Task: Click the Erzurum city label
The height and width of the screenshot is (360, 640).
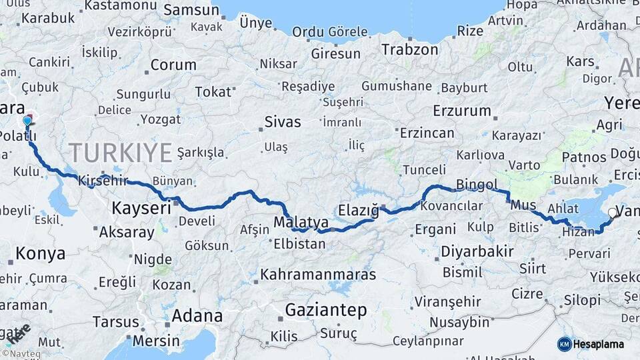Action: pyautogui.click(x=461, y=111)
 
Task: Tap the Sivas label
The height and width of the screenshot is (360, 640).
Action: pyautogui.click(x=283, y=122)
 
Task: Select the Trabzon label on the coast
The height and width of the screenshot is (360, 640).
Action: pyautogui.click(x=410, y=49)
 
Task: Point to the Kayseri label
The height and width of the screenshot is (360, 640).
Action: pyautogui.click(x=141, y=208)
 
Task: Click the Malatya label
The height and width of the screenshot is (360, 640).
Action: pyautogui.click(x=301, y=221)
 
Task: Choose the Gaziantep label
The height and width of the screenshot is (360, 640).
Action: pyautogui.click(x=326, y=310)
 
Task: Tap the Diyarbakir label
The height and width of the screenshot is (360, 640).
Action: pyautogui.click(x=477, y=251)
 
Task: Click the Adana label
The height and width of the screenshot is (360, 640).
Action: pyautogui.click(x=197, y=315)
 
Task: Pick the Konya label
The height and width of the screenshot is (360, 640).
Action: pyautogui.click(x=41, y=253)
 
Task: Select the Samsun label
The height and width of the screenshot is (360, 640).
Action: pyautogui.click(x=191, y=10)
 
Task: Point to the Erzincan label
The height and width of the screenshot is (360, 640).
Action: pyautogui.click(x=427, y=133)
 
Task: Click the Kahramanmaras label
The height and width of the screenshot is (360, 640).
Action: pyautogui.click(x=318, y=274)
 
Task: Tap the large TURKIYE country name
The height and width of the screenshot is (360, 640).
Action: pyautogui.click(x=121, y=153)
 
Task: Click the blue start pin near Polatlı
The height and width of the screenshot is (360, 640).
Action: pyautogui.click(x=27, y=122)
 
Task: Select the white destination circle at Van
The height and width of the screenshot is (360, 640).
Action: pyautogui.click(x=613, y=213)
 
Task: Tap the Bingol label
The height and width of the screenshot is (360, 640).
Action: pyautogui.click(x=477, y=185)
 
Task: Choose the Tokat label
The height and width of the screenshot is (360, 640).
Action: pyautogui.click(x=214, y=92)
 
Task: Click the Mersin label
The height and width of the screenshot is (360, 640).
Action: pyautogui.click(x=157, y=340)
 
